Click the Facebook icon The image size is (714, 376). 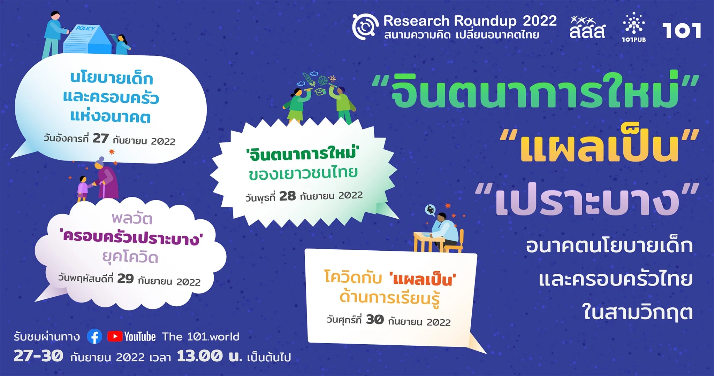click(94, 336)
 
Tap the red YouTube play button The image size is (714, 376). click(115, 336)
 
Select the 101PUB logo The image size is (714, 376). click(634, 27)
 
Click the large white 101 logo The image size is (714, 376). click(682, 31)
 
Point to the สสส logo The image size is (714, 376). click(587, 27)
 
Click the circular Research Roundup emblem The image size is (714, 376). click(365, 26)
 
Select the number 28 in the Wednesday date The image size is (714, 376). click(288, 196)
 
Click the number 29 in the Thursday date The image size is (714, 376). click(126, 279)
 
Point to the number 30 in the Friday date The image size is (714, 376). click(375, 319)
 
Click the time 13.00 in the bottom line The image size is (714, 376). click(199, 356)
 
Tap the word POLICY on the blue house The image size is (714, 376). click(85, 28)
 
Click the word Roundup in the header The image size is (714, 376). click(485, 21)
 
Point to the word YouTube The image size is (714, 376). click(140, 337)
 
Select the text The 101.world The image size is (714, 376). click(201, 337)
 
